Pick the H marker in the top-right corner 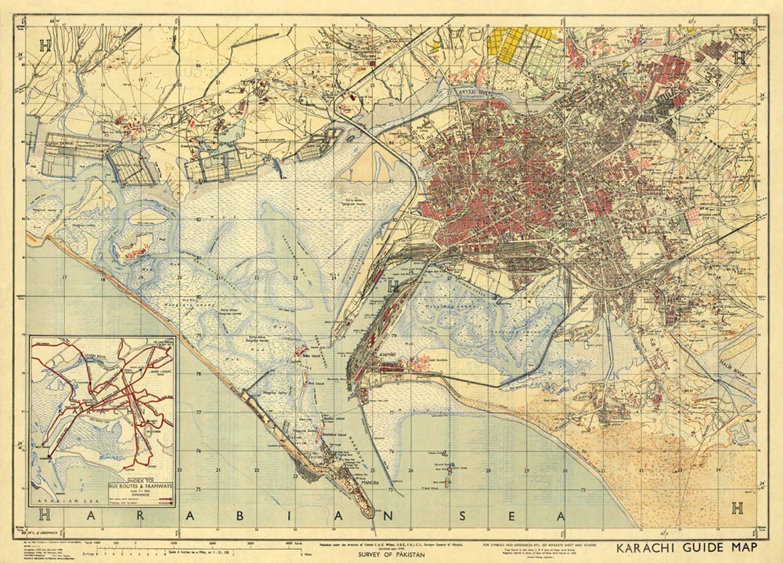click(x=739, y=56)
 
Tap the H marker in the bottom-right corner click(x=736, y=508)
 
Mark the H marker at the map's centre click(x=394, y=285)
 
